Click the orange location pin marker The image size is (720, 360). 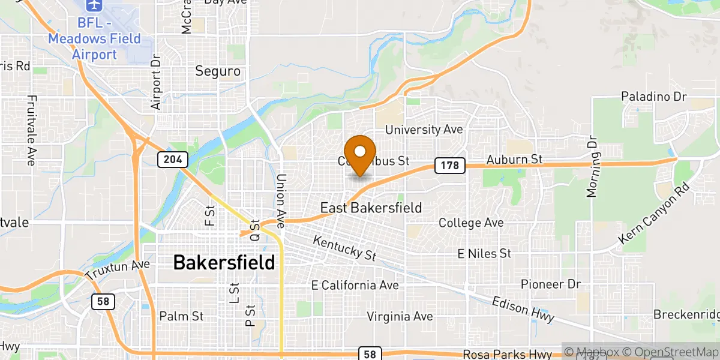point(360,154)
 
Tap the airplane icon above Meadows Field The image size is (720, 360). point(93,5)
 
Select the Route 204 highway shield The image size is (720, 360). point(173,160)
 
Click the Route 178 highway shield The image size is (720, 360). point(450,166)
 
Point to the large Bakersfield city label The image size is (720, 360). point(224,262)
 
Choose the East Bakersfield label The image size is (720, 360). point(371,208)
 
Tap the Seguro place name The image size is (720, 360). point(218,71)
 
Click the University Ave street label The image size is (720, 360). point(424,130)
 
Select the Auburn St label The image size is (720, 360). point(514,160)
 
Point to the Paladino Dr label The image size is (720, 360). point(654,96)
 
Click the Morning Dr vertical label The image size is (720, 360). point(593,167)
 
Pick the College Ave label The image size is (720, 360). point(471,223)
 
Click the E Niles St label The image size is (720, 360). point(484,254)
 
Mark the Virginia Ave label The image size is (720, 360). point(400,316)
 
